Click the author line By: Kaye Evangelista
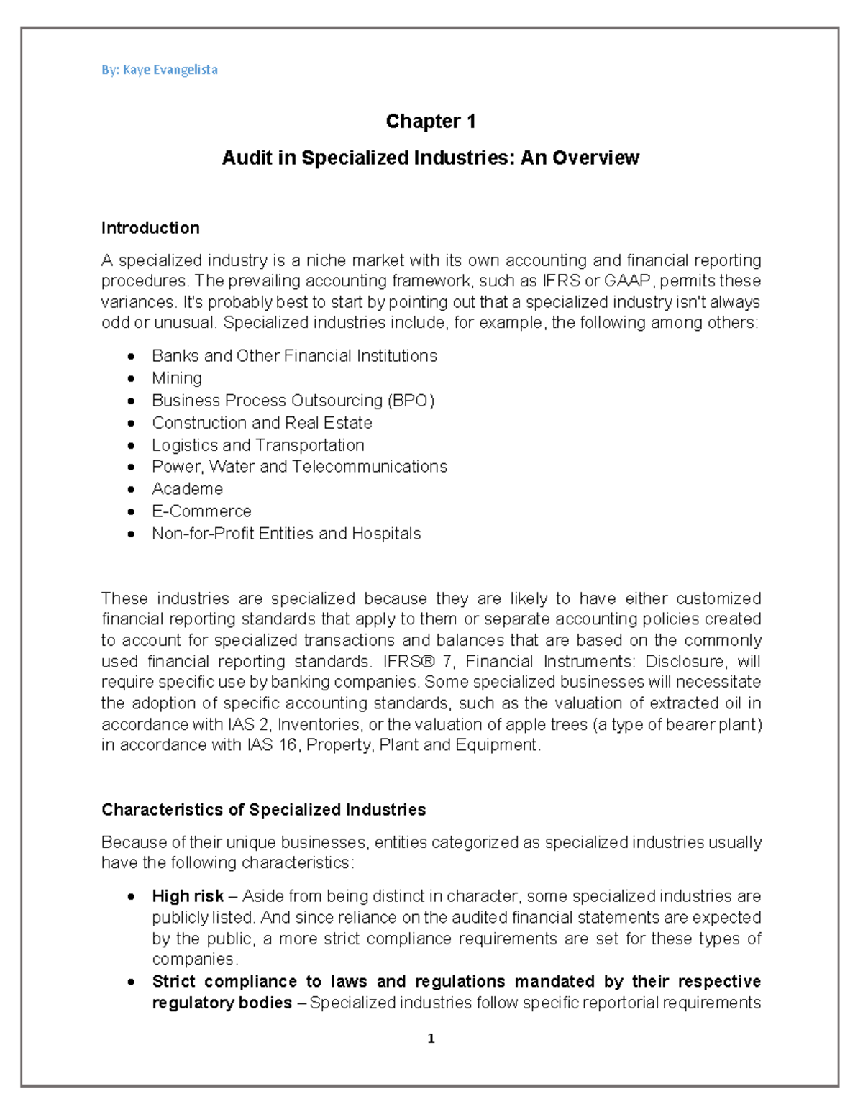coord(159,70)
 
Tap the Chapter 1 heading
coord(430,122)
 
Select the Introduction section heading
coord(150,228)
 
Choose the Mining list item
coord(177,378)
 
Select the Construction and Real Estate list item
coord(262,423)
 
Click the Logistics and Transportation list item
coord(257,445)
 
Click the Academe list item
coord(187,489)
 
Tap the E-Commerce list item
coord(201,511)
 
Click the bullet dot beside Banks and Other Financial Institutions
coord(131,357)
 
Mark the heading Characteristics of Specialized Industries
coord(263,810)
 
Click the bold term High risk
coord(188,896)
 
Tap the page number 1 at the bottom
coord(431,1039)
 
